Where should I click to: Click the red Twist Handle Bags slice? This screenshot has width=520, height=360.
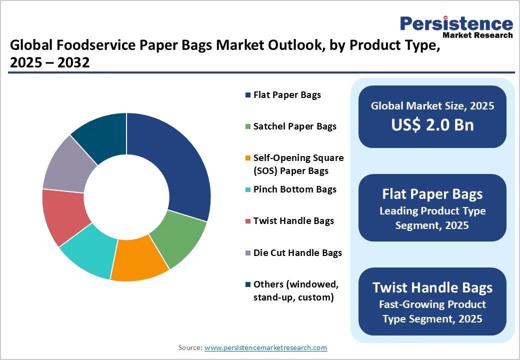[65, 215]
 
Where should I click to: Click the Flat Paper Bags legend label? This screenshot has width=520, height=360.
[287, 94]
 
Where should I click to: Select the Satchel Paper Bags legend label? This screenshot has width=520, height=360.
[294, 126]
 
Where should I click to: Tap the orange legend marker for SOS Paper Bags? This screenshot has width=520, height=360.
[248, 158]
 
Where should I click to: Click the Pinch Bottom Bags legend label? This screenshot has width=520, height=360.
[294, 189]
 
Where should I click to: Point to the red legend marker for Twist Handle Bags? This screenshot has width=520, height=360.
[248, 221]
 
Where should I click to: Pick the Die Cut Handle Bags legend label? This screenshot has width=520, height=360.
[297, 253]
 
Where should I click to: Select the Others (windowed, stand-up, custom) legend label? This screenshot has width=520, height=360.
[296, 290]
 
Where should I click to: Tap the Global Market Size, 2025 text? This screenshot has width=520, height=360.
[432, 105]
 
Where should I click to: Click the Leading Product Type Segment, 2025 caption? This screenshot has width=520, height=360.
[432, 218]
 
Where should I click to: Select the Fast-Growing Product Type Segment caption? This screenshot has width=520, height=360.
[432, 311]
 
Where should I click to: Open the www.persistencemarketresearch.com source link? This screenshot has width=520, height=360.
[265, 347]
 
